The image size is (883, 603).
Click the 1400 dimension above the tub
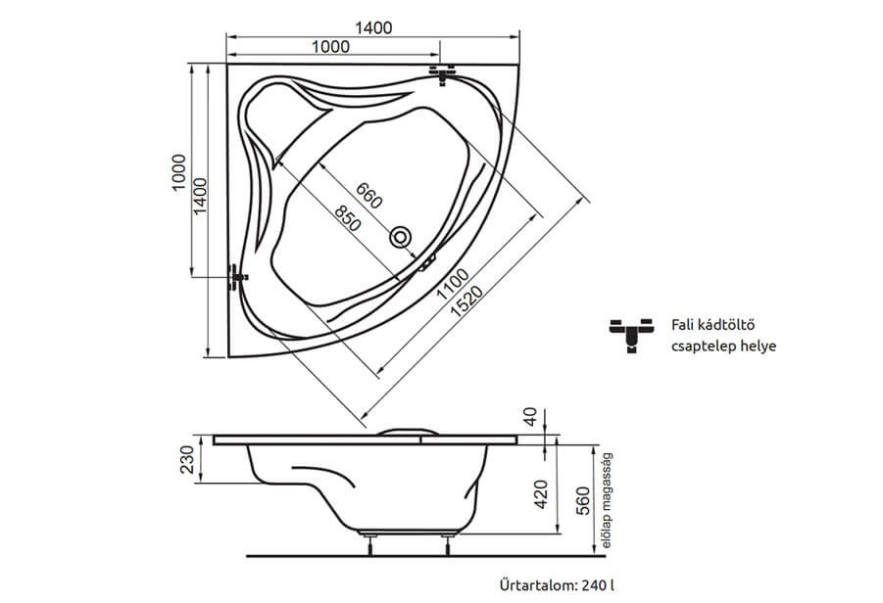(x=374, y=27)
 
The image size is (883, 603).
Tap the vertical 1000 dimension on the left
(x=178, y=172)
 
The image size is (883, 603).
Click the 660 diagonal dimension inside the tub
(x=368, y=196)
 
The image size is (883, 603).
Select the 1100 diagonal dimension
(x=452, y=283)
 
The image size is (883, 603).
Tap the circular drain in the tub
(x=402, y=237)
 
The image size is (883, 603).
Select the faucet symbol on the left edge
(x=235, y=276)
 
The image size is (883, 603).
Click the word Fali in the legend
(x=683, y=324)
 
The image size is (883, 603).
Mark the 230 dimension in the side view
(x=189, y=458)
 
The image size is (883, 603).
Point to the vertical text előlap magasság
(x=608, y=500)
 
